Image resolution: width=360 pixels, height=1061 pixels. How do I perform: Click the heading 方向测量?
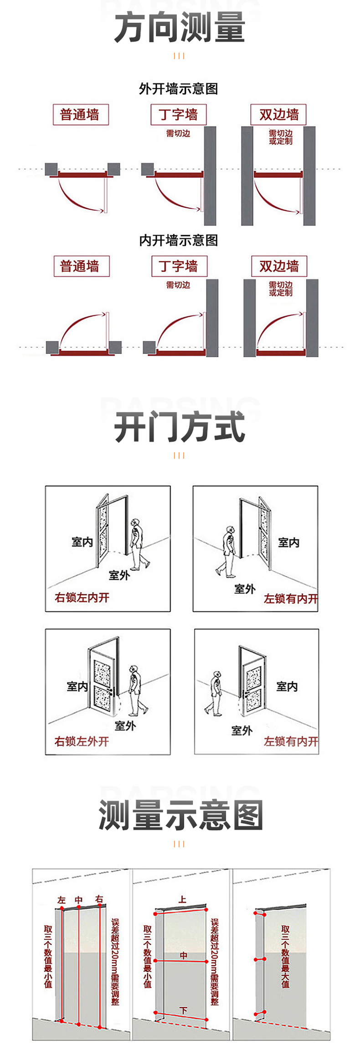(180, 28)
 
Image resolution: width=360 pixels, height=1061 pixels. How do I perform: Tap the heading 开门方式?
(180, 427)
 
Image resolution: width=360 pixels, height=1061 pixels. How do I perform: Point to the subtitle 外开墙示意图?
(179, 88)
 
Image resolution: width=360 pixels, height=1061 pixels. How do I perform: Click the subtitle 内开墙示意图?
(179, 240)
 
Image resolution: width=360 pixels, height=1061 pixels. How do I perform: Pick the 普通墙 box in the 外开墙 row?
(80, 114)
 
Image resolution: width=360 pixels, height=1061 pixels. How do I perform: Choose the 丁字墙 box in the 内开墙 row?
(179, 266)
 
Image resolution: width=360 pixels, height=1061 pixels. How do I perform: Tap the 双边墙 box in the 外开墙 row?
(278, 114)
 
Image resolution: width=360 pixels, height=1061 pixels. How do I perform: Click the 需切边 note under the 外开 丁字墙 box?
(178, 134)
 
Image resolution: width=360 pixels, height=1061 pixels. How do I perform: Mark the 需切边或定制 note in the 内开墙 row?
(280, 288)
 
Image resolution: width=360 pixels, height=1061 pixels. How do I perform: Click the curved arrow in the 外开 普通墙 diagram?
(77, 198)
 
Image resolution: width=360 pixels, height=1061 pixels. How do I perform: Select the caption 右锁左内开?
(82, 597)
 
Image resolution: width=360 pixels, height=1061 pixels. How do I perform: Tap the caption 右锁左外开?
(82, 742)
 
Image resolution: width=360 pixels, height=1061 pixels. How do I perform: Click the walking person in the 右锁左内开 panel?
(138, 544)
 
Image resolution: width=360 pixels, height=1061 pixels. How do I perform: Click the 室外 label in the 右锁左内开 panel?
(119, 575)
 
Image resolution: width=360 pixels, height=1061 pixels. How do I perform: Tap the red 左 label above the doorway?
(62, 900)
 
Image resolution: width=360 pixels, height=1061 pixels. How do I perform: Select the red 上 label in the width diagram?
(182, 899)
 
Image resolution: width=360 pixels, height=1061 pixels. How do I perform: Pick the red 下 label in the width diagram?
(184, 1010)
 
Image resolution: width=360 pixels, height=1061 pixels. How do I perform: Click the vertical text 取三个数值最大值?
(285, 956)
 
